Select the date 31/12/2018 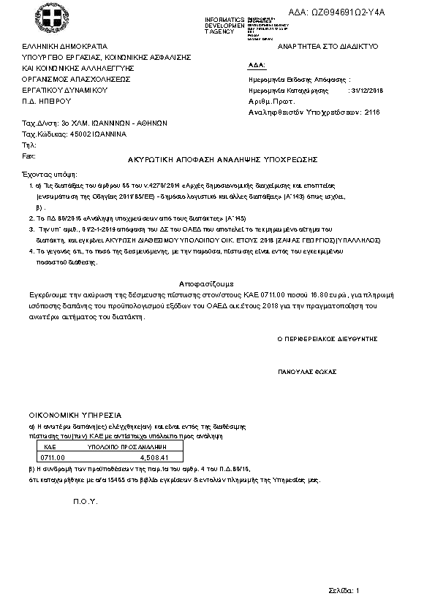(368, 91)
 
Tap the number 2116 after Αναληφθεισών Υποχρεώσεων (372, 113)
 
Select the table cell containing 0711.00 (57, 457)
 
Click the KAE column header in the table (50, 445)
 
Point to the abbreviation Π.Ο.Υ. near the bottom (83, 503)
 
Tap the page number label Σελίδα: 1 (344, 589)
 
